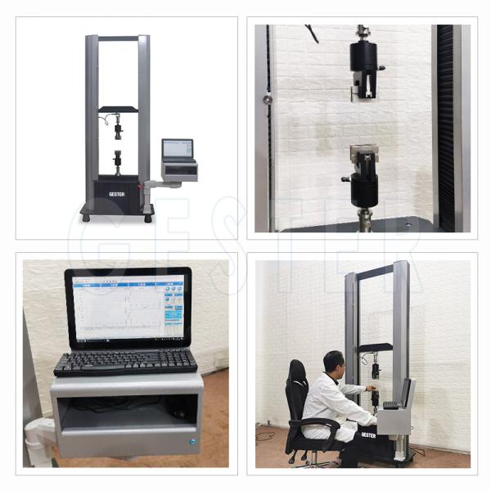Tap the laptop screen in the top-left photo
178,148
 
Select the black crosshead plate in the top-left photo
119,109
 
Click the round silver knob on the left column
268,100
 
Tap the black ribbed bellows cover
445,123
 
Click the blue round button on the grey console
192,443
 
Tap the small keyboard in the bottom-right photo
391,405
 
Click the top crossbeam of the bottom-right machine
376,269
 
